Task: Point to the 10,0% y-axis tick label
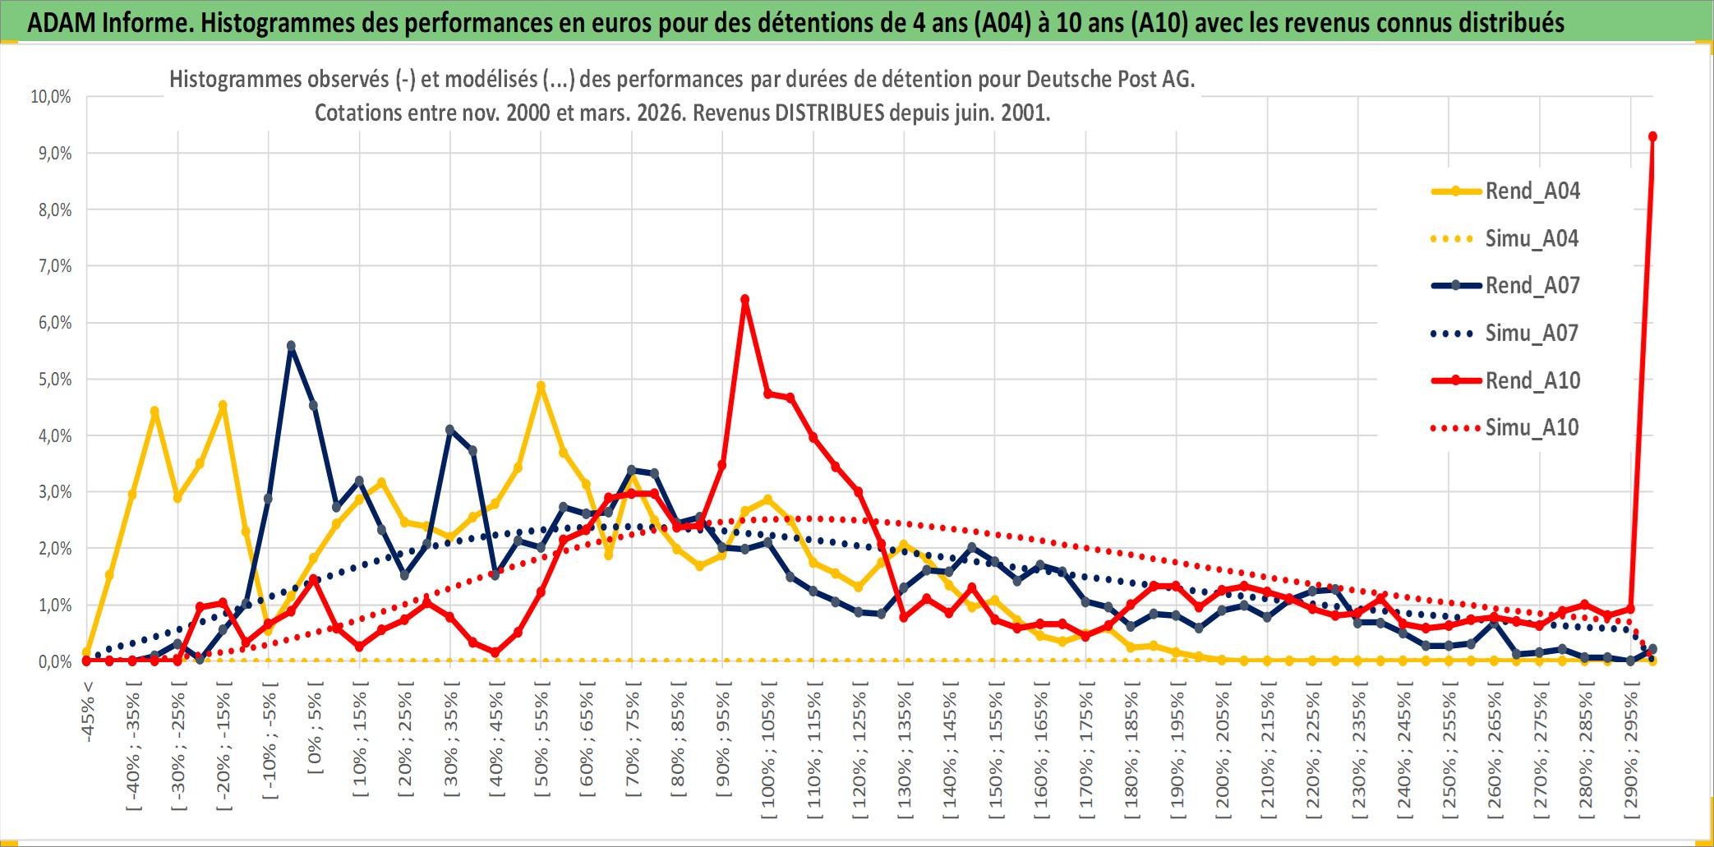51,97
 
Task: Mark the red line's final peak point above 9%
1652,136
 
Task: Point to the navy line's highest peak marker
291,346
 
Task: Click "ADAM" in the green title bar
61,22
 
